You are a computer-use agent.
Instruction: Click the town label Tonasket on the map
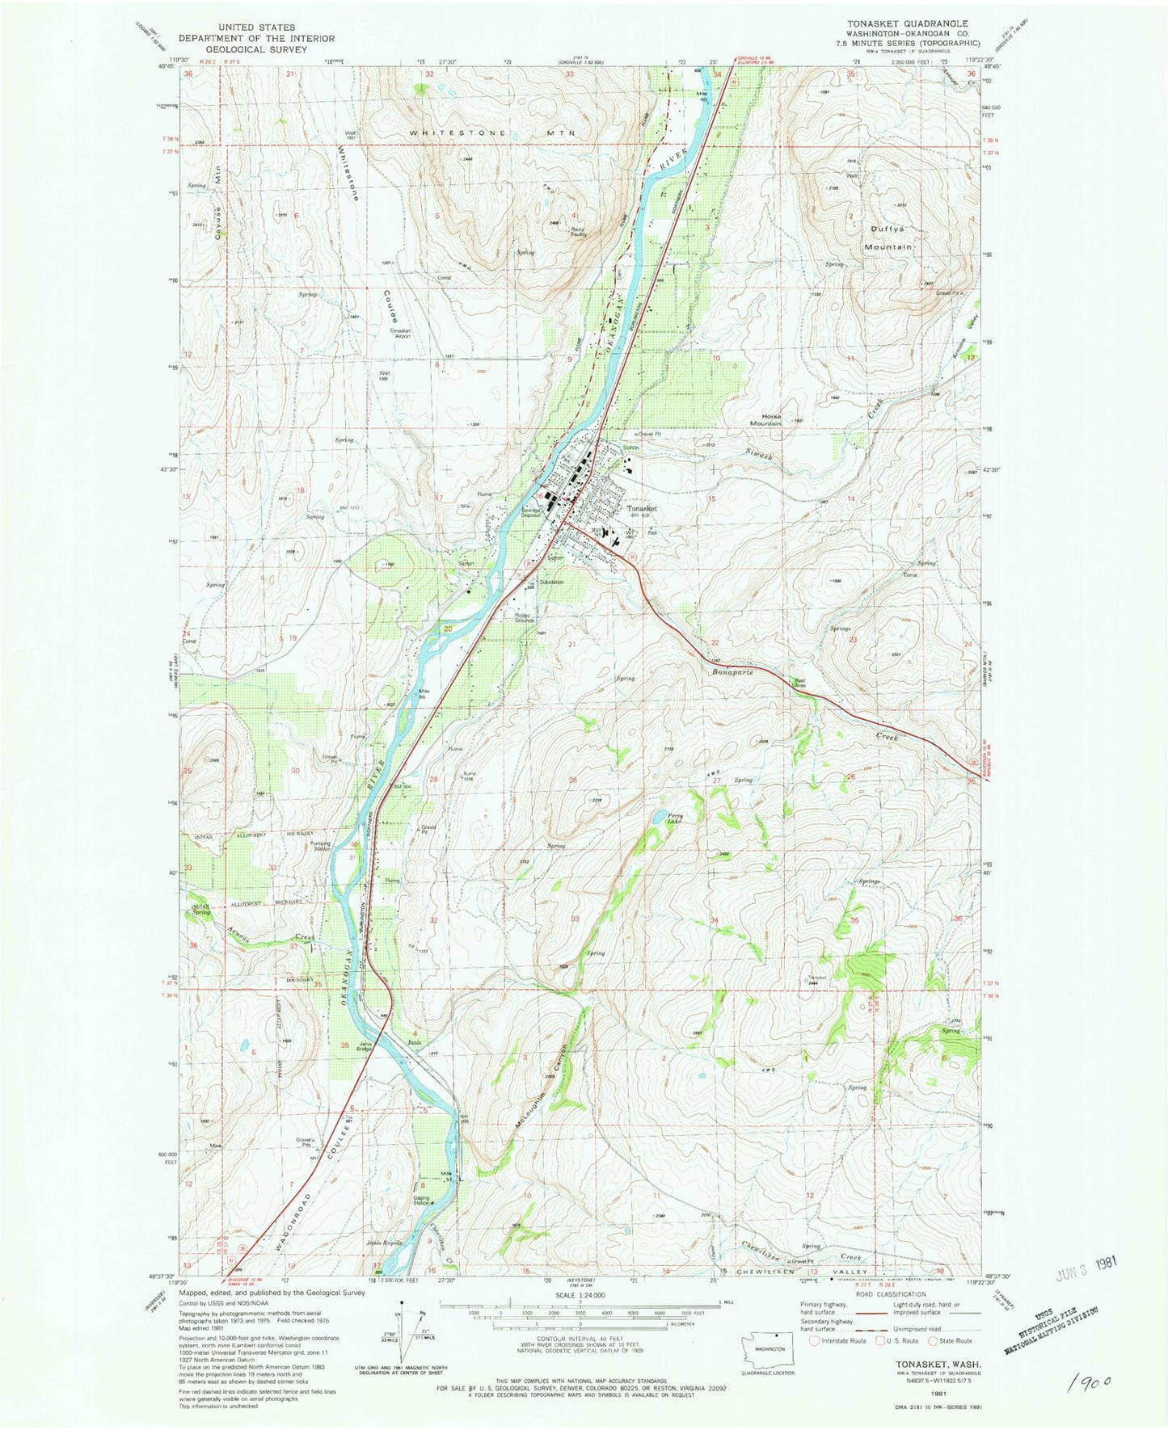point(643,509)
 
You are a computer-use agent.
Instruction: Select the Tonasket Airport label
point(401,333)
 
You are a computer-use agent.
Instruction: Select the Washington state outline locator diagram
point(768,1348)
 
